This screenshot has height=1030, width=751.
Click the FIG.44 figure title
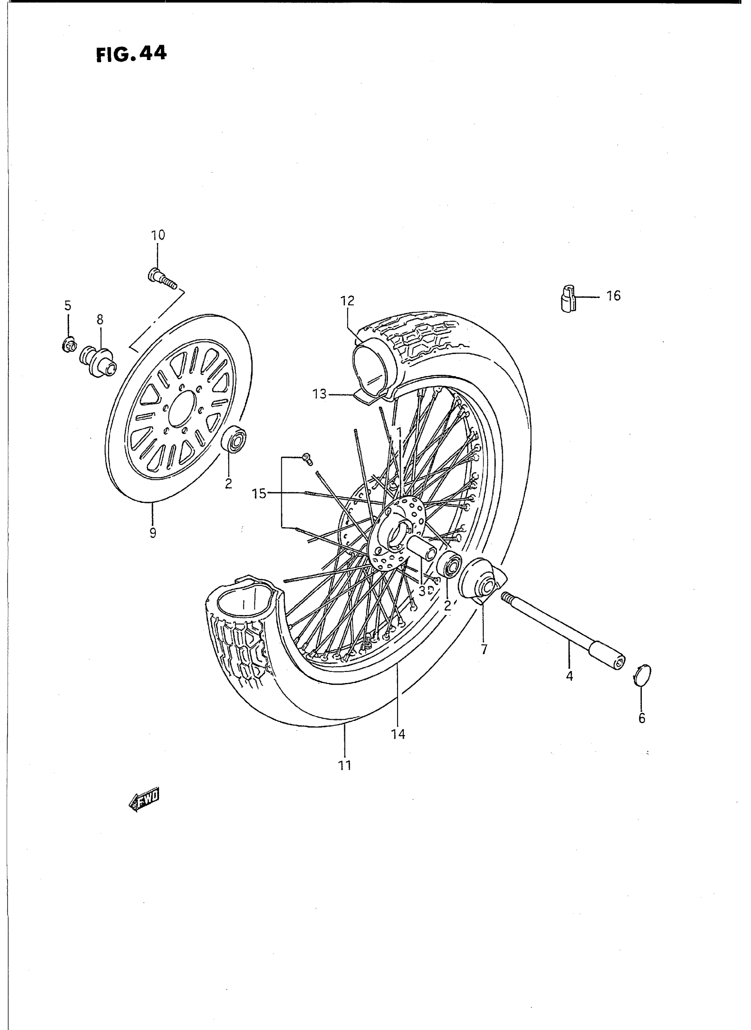131,54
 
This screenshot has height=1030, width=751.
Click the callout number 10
158,235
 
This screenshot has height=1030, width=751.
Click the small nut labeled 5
68,345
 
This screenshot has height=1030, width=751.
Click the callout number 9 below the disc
153,532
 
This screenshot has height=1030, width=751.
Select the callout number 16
613,296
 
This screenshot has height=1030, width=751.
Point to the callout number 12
347,301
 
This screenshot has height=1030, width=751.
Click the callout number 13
319,394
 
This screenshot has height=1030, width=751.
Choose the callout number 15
260,494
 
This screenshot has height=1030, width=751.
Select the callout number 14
398,734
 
